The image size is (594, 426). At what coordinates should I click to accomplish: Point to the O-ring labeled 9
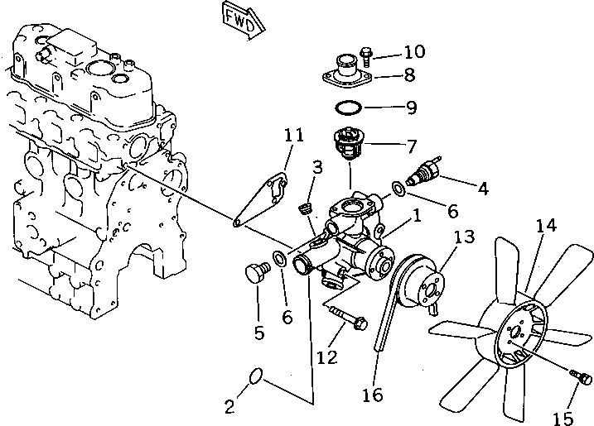(x=349, y=108)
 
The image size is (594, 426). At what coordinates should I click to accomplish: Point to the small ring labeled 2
(x=257, y=378)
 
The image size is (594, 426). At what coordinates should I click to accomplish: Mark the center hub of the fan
(x=516, y=334)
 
